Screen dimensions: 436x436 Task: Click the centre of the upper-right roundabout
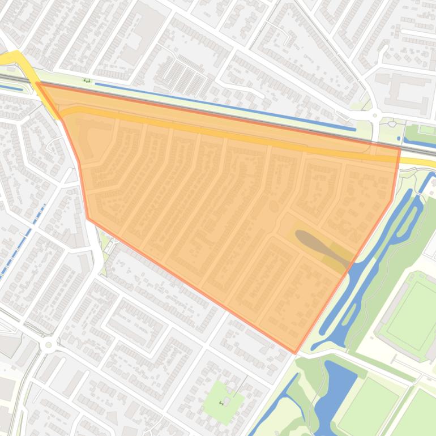[x=375, y=116]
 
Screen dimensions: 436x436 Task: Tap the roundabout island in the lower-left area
[x=49, y=344]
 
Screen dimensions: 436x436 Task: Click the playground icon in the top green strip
[x=87, y=80]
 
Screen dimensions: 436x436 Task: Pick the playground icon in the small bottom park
[x=221, y=403]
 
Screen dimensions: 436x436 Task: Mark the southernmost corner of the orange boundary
[x=295, y=353]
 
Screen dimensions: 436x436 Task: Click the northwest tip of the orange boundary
[x=36, y=83]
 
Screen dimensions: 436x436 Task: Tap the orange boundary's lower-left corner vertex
[x=88, y=218]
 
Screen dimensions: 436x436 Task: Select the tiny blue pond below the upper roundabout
[x=391, y=123]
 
